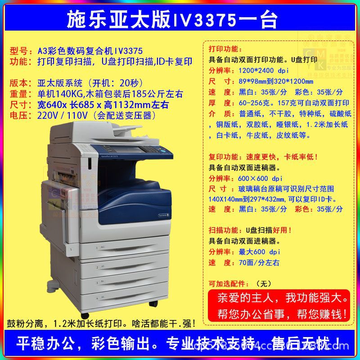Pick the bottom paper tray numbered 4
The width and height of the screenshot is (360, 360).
(135, 297)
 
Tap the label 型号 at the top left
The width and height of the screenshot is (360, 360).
(19, 51)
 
